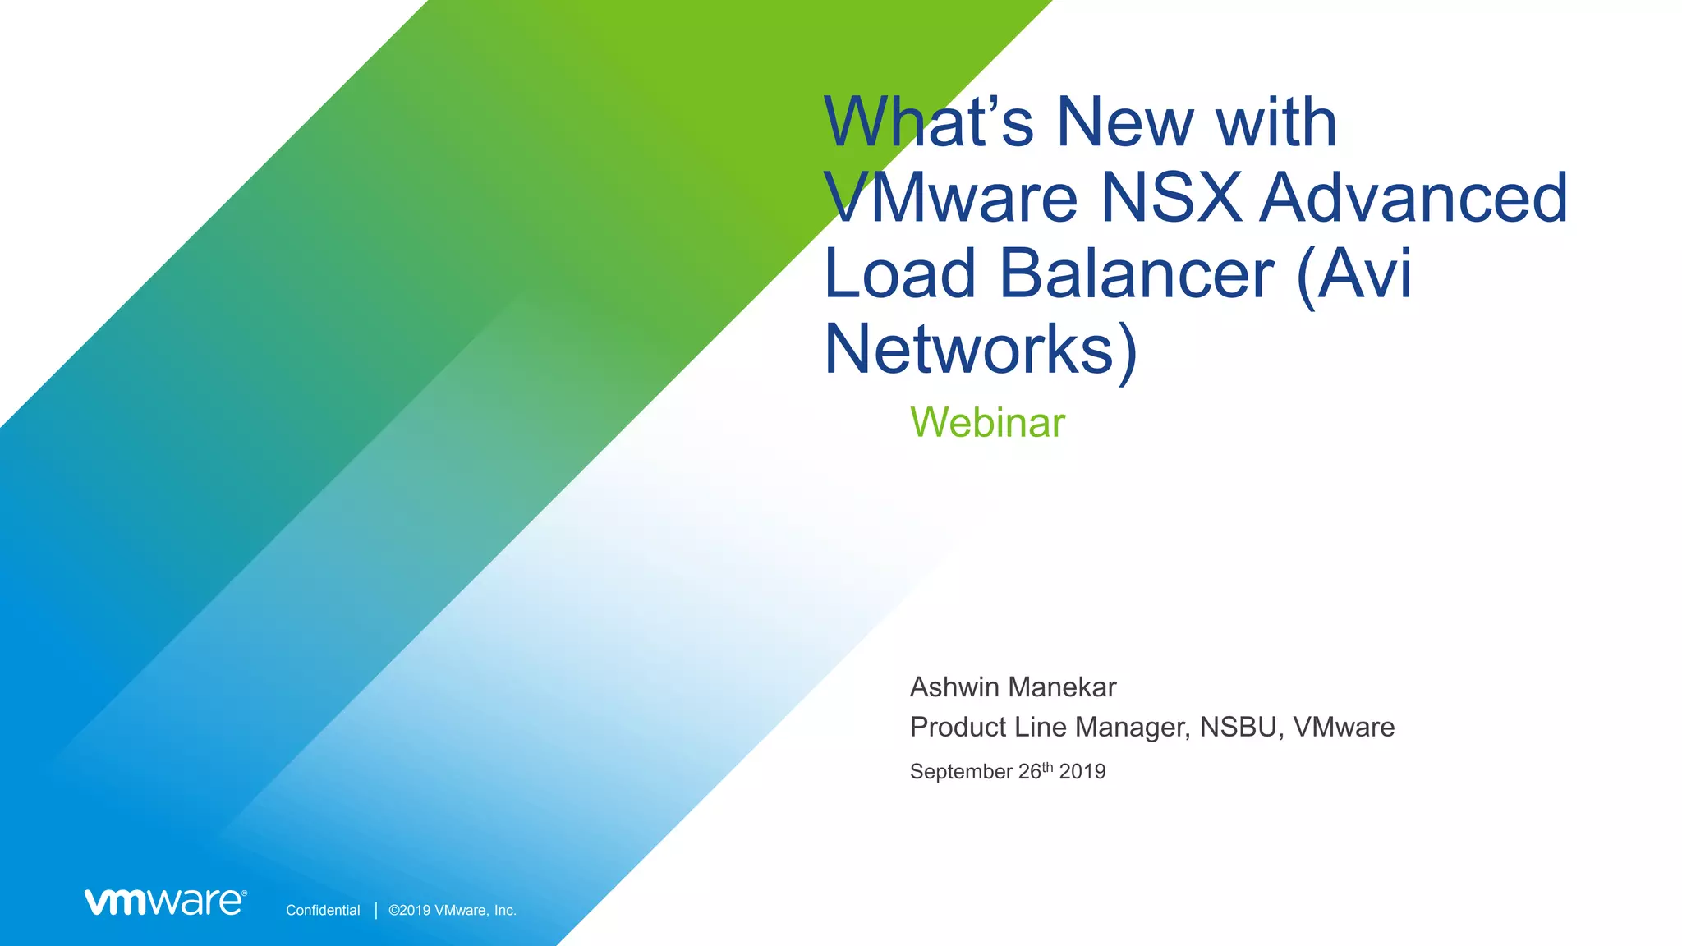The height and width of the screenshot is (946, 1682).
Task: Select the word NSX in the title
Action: tap(1171, 197)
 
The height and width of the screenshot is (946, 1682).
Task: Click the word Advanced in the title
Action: tap(1413, 197)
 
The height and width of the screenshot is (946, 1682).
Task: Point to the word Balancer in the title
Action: tap(1136, 273)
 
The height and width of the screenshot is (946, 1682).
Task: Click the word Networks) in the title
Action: tap(981, 350)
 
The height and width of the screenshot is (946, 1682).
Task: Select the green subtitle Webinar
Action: tap(987, 423)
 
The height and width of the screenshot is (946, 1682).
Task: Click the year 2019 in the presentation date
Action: tap(1082, 772)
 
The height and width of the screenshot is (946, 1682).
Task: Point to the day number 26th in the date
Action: tap(1036, 771)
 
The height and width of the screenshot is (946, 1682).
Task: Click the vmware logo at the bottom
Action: tap(165, 902)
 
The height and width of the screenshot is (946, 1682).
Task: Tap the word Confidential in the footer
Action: tap(323, 910)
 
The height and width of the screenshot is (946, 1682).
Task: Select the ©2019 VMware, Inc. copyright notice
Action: tap(453, 910)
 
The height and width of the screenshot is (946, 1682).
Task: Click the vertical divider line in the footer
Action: tap(376, 910)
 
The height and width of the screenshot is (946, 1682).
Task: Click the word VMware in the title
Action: tap(950, 197)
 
